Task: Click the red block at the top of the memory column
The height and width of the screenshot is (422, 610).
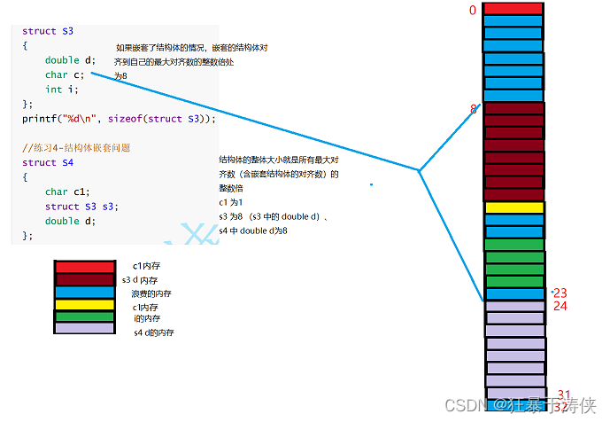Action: pyautogui.click(x=513, y=9)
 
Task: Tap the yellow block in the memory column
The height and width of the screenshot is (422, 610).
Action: pyautogui.click(x=513, y=207)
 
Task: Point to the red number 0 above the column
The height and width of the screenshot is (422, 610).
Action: pyautogui.click(x=473, y=11)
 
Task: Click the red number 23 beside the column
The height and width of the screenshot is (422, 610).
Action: pyautogui.click(x=560, y=293)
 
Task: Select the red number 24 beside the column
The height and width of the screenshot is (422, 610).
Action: pyautogui.click(x=560, y=306)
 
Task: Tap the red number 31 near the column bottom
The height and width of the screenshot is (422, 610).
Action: pyautogui.click(x=564, y=395)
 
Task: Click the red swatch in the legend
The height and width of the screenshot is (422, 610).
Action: pyautogui.click(x=84, y=266)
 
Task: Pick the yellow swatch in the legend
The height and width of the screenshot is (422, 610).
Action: pyautogui.click(x=84, y=305)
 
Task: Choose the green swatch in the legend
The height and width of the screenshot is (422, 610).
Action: pyautogui.click(x=84, y=316)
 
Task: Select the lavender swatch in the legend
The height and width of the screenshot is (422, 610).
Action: pyautogui.click(x=84, y=328)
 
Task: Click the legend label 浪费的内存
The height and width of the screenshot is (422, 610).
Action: pyautogui.click(x=151, y=293)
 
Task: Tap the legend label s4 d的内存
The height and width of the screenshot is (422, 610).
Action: pyautogui.click(x=154, y=332)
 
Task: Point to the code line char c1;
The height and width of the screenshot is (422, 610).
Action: pyautogui.click(x=67, y=191)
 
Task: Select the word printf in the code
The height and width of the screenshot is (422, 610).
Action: pyautogui.click(x=37, y=118)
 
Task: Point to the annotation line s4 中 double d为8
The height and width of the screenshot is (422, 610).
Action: pyautogui.click(x=253, y=231)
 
